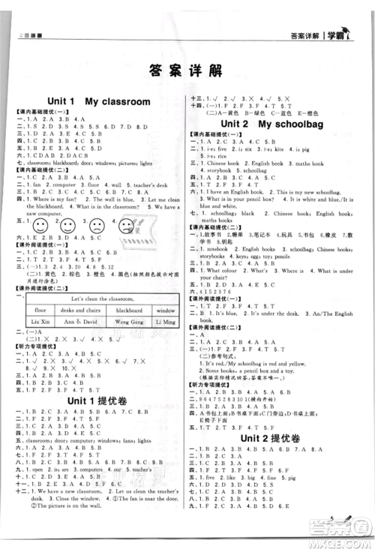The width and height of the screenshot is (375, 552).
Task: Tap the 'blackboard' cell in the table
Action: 129,309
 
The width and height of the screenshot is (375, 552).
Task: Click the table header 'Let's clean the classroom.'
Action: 100,298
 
